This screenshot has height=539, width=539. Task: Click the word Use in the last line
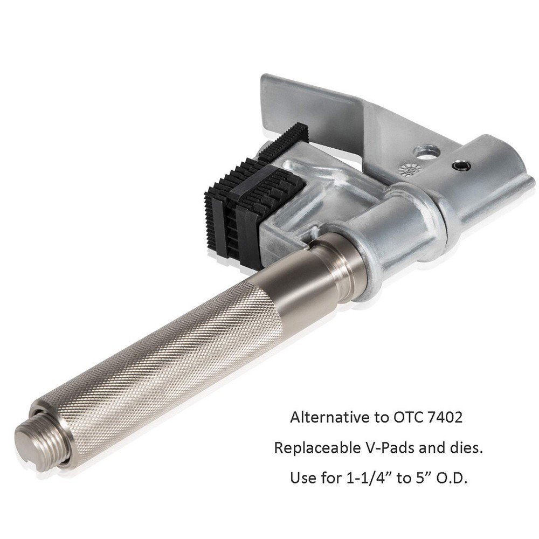click(x=300, y=479)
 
